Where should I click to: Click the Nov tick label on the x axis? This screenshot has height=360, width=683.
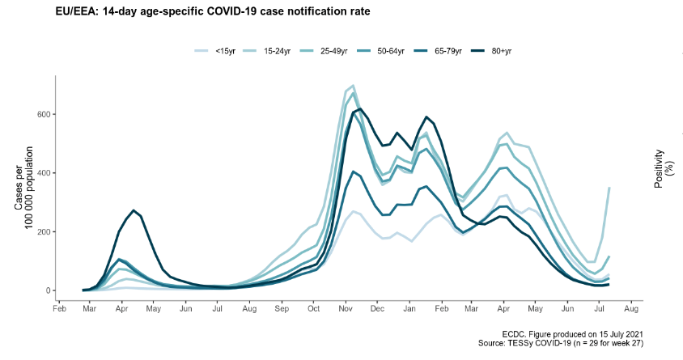pos(346,309)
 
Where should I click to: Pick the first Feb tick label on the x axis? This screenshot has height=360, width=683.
pos(58,309)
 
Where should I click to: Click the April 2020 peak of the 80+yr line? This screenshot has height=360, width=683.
pos(134,210)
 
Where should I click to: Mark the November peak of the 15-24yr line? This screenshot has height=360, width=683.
pos(353,85)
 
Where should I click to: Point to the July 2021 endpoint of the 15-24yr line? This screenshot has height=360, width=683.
pos(609,188)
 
